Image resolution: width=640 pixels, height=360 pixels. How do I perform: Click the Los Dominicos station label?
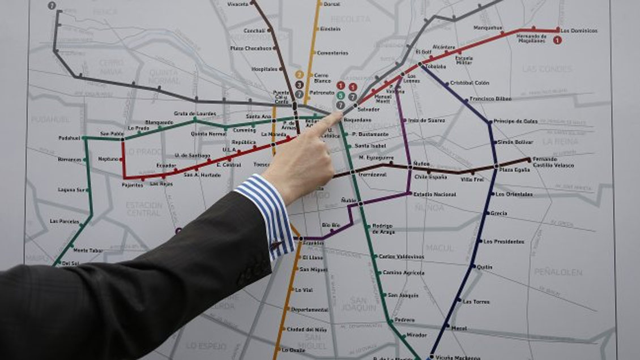tap(579, 30)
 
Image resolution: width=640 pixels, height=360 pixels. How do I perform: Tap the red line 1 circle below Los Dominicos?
tap(558, 40)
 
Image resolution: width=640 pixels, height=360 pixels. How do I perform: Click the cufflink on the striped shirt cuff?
tap(276, 245)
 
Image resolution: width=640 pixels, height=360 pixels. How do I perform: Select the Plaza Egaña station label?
tap(514, 170)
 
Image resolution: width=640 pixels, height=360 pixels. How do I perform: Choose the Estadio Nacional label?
tap(434, 194)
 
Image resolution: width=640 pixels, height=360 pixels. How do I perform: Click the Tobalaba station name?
tap(436, 66)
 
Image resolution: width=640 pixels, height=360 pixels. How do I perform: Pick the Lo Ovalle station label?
tap(293, 349)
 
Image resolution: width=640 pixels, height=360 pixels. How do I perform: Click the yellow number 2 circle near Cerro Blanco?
tap(300, 74)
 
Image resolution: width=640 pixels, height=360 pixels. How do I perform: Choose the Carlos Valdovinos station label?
tap(401, 256)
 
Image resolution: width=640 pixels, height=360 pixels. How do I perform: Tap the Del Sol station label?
tap(71, 263)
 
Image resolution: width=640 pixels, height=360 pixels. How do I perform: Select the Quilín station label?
tap(484, 267)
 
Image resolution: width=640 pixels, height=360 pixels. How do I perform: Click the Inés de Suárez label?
tap(426, 120)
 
